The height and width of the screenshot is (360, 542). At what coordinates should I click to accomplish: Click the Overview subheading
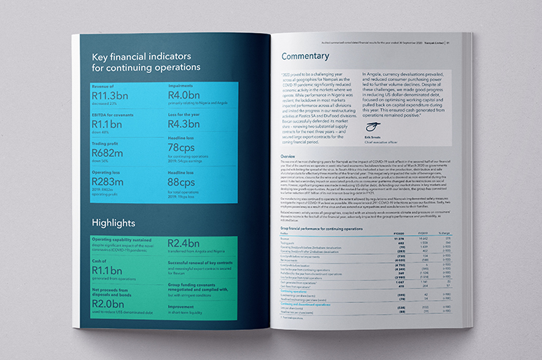292,156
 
